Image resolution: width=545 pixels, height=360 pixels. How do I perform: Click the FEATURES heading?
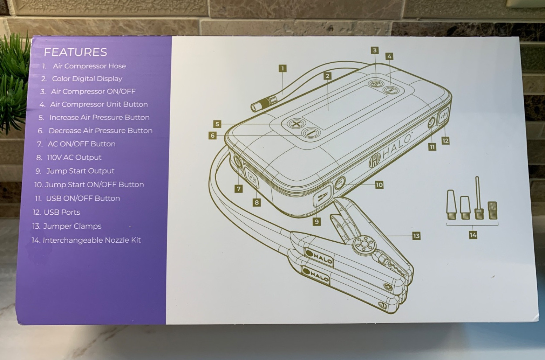click(x=75, y=52)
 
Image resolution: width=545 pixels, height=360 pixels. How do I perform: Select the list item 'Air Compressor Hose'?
click(x=89, y=66)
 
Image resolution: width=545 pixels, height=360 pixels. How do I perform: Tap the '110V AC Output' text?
click(x=74, y=158)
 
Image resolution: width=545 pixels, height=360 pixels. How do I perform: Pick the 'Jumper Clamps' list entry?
click(x=72, y=226)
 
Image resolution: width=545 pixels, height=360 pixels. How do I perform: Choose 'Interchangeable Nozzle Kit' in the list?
click(x=91, y=240)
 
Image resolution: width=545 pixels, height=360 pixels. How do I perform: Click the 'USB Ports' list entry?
click(x=62, y=212)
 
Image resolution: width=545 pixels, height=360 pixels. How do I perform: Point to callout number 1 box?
click(x=282, y=68)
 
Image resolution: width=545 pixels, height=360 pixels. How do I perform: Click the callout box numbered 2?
click(x=328, y=76)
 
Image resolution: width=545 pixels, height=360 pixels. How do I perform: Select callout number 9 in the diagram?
click(x=316, y=222)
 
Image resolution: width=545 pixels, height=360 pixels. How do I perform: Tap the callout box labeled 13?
click(x=416, y=236)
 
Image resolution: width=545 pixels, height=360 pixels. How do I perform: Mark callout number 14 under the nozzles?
click(x=473, y=235)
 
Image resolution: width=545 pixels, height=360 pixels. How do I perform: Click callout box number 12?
click(x=445, y=141)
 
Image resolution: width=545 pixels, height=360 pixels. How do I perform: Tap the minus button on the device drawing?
click(x=310, y=133)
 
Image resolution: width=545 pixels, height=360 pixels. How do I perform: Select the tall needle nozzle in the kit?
click(x=477, y=198)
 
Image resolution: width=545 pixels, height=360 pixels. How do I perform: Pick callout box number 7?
click(x=239, y=189)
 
